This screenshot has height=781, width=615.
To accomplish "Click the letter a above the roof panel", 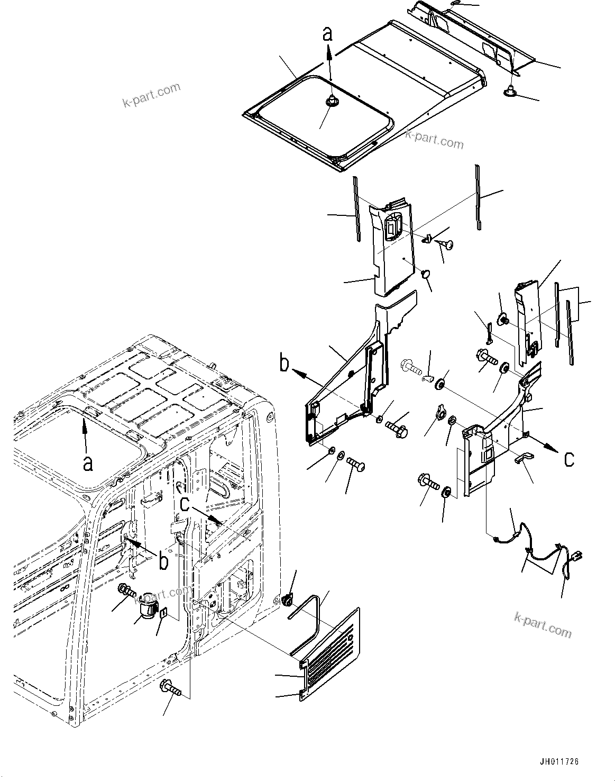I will tap(328, 34).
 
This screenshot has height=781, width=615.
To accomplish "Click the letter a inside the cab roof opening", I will tap(88, 463).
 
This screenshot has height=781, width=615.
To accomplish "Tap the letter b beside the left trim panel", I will tap(284, 365).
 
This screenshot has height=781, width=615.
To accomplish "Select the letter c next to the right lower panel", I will tap(568, 459).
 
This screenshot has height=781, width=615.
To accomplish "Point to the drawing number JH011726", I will tap(559, 762).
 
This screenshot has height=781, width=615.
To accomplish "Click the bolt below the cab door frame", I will tap(172, 687).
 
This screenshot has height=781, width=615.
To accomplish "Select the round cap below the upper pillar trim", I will tap(425, 274).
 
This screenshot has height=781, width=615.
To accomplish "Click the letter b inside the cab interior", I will tap(163, 561).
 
